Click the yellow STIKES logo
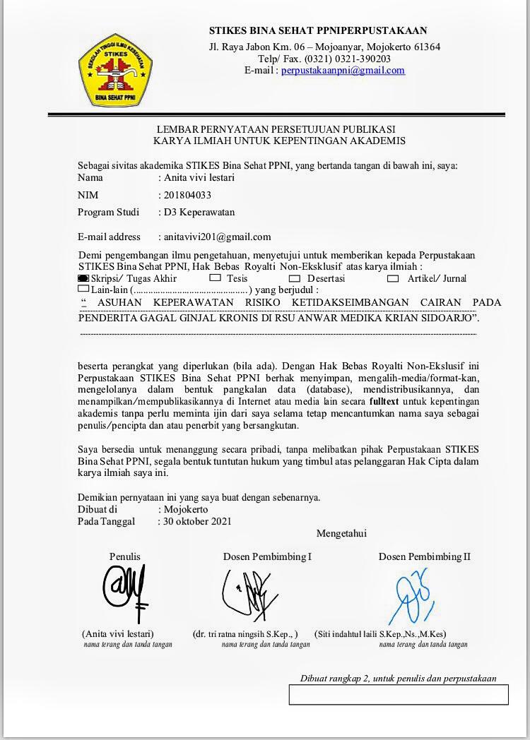coord(114,69)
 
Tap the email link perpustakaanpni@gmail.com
coord(343,71)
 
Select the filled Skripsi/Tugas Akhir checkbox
coord(83,279)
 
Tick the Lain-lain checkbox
coord(83,289)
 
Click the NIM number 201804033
coord(187,195)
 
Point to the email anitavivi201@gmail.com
coord(217,237)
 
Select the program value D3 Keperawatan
coord(199,212)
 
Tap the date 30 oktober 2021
coord(197,522)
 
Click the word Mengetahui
coord(341,533)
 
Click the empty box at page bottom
coord(398,695)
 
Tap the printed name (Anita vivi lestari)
coord(117,634)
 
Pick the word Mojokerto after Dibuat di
coord(185,509)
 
